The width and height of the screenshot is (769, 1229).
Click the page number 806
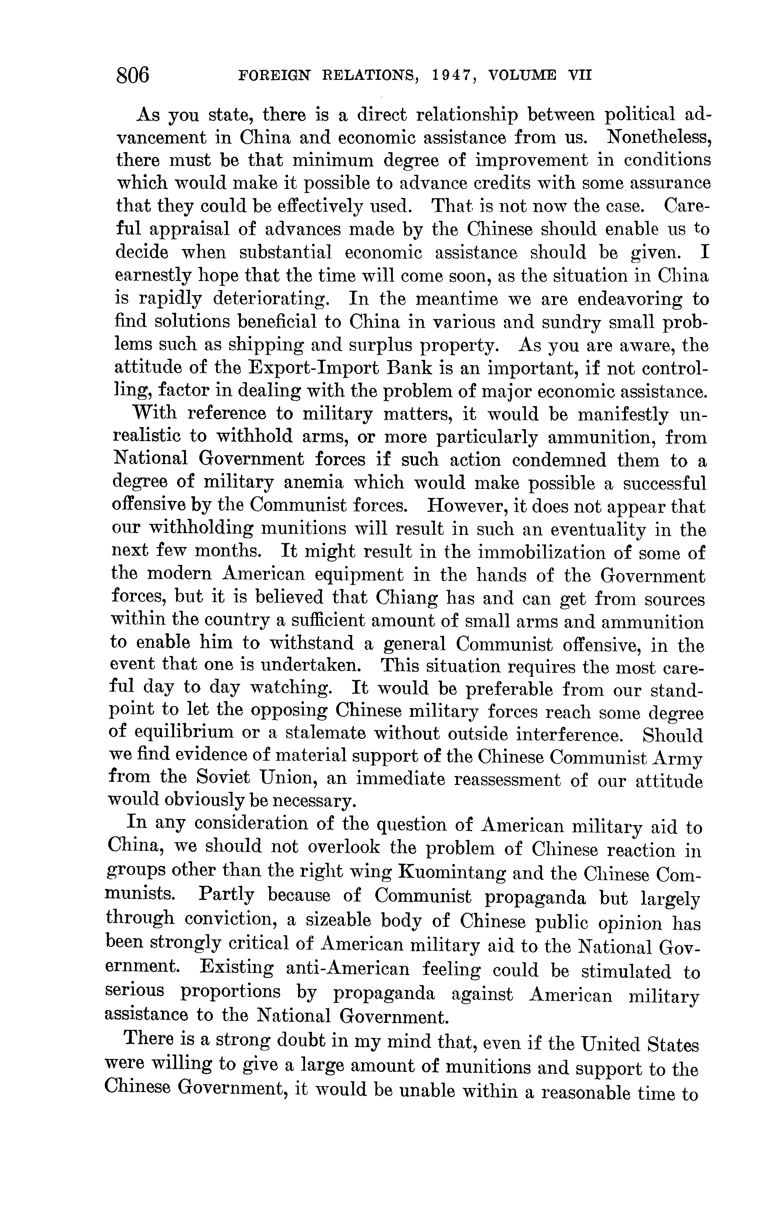[x=133, y=75]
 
